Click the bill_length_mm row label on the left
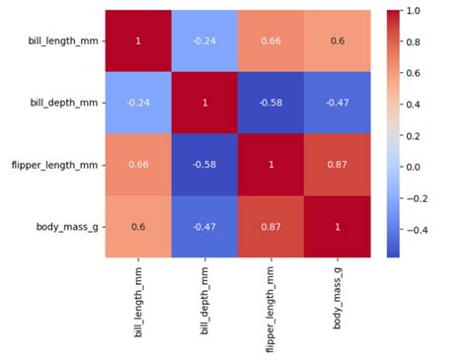(61, 41)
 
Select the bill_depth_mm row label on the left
(62, 103)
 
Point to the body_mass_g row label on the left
(69, 226)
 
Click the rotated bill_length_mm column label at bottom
(139, 296)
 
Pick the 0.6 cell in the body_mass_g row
(139, 226)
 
